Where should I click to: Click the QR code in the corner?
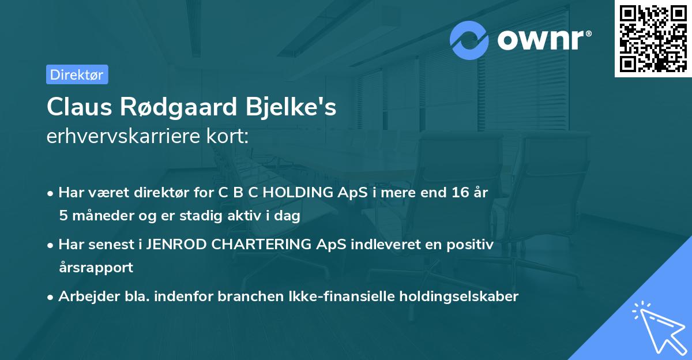click(x=653, y=39)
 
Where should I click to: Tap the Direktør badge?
click(x=77, y=74)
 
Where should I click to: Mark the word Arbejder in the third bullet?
click(x=83, y=297)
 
